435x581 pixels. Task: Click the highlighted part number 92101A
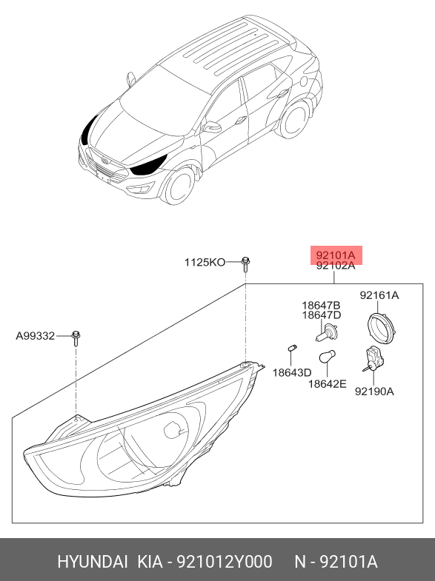[x=336, y=255]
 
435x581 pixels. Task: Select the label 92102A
[x=336, y=266]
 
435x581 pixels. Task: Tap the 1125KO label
[x=205, y=262]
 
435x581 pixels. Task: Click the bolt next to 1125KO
[x=245, y=263]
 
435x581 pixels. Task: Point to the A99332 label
[x=36, y=336]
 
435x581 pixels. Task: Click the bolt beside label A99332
[x=76, y=338]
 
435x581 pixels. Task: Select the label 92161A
[x=379, y=295]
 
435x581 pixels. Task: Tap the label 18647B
[x=321, y=306]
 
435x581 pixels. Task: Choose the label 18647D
[x=321, y=315]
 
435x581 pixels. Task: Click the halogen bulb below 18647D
[x=326, y=332]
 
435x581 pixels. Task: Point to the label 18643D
[x=292, y=373]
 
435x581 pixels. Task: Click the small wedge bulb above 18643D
[x=292, y=349]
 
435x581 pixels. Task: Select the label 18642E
[x=328, y=384]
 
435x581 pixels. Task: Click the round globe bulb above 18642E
[x=327, y=357]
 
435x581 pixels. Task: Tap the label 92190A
[x=374, y=392]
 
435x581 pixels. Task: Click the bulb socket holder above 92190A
[x=373, y=358]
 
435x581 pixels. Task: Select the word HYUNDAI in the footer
[x=93, y=562]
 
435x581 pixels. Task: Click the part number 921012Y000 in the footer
[x=225, y=562]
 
